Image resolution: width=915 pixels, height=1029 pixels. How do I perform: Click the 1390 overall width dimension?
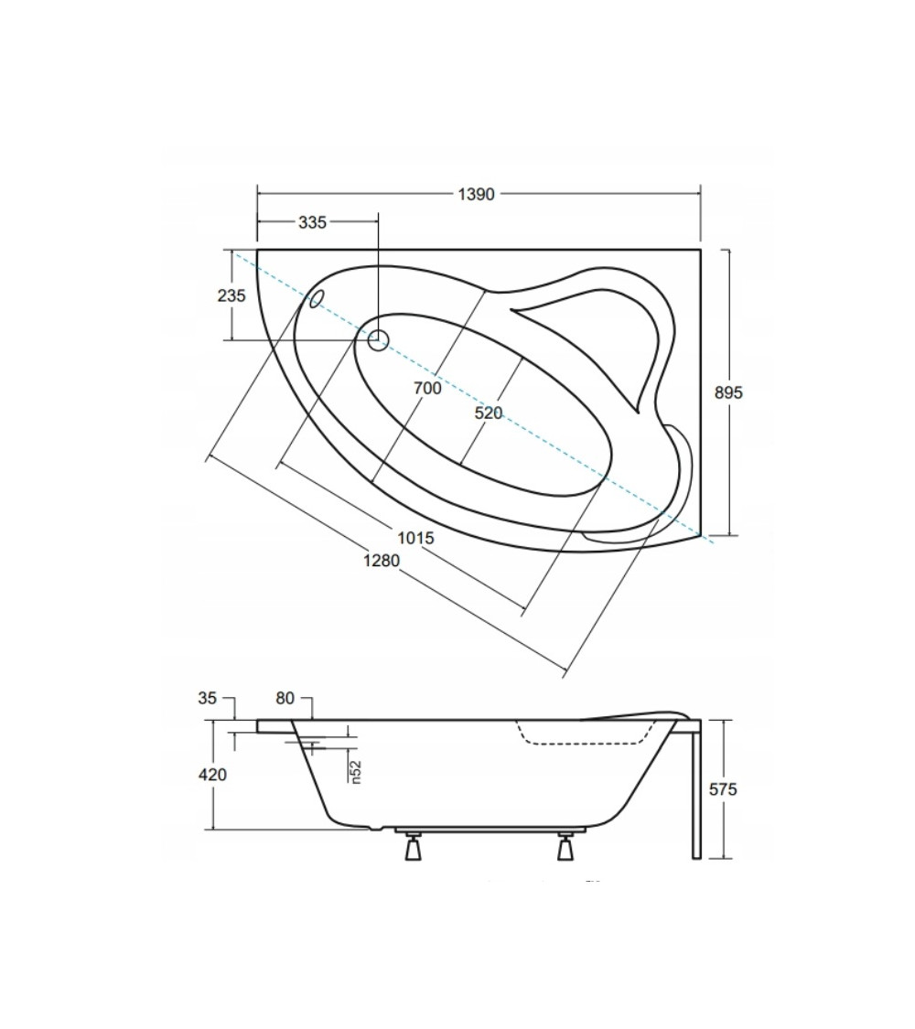click(476, 194)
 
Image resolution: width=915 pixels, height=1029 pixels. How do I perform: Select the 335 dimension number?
click(312, 222)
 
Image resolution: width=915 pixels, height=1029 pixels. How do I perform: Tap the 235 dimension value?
click(231, 295)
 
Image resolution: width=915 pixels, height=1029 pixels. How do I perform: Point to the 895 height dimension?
click(728, 392)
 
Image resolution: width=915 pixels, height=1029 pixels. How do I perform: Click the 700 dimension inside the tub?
click(427, 389)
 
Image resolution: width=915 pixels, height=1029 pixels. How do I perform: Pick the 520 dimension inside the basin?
click(489, 413)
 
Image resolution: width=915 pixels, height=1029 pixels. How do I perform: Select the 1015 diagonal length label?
click(415, 538)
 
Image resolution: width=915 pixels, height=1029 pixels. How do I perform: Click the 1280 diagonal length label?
click(382, 561)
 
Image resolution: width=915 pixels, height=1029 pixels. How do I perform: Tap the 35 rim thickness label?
click(207, 698)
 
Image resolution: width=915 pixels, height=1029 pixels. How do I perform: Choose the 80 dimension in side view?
click(285, 698)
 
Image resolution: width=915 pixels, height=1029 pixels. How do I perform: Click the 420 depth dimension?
click(212, 775)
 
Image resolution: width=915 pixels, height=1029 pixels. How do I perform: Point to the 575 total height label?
click(723, 789)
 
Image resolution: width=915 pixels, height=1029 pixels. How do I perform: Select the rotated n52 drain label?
click(355, 772)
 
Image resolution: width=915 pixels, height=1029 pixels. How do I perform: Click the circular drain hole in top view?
click(378, 340)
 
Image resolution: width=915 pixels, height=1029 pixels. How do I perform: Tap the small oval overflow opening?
click(317, 298)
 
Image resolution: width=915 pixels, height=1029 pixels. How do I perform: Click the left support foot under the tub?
click(413, 846)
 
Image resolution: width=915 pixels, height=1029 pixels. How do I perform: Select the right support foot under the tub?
click(565, 846)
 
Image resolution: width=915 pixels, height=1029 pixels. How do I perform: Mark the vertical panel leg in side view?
click(696, 789)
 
